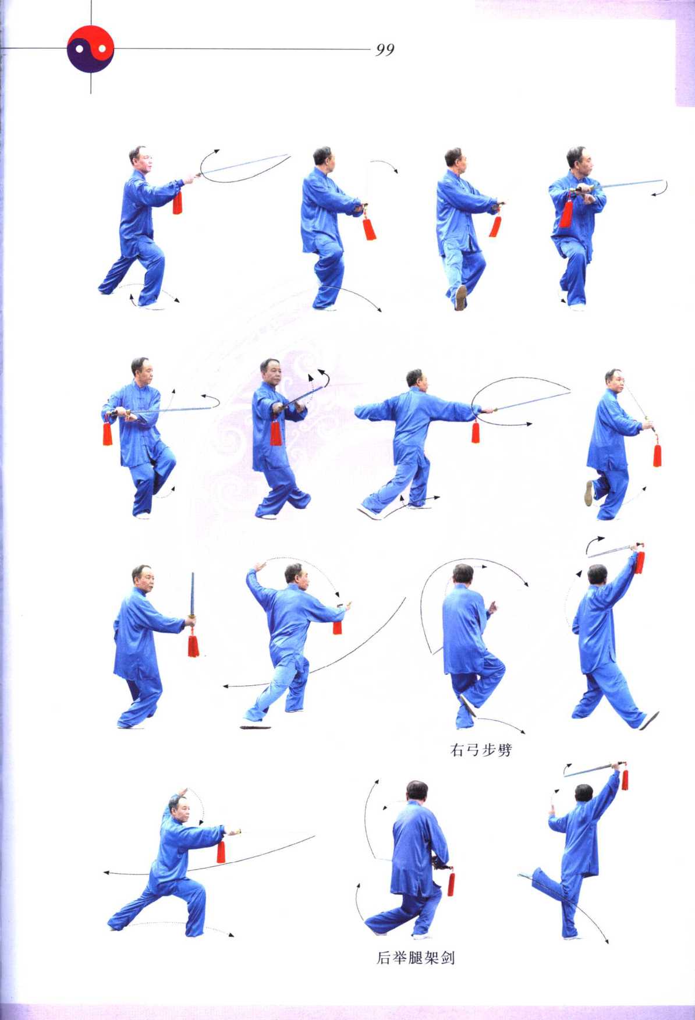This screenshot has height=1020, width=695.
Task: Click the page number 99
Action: tap(385, 50)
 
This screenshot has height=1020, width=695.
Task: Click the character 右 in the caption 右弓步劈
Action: tap(458, 750)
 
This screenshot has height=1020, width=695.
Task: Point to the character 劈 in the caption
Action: tap(505, 750)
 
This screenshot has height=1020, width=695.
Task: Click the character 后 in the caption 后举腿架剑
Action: tap(384, 958)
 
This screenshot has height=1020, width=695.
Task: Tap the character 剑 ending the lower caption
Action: tap(447, 958)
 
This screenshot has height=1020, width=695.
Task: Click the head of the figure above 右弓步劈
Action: tap(463, 575)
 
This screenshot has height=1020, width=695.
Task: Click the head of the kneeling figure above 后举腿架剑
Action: tap(417, 791)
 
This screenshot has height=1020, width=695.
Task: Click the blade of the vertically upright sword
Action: tap(192, 594)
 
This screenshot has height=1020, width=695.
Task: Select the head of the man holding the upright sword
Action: tap(142, 577)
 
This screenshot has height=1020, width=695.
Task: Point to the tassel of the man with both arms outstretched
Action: tap(476, 431)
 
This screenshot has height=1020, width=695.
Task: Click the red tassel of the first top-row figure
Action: tap(178, 202)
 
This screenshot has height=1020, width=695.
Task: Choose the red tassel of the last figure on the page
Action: tap(625, 779)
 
